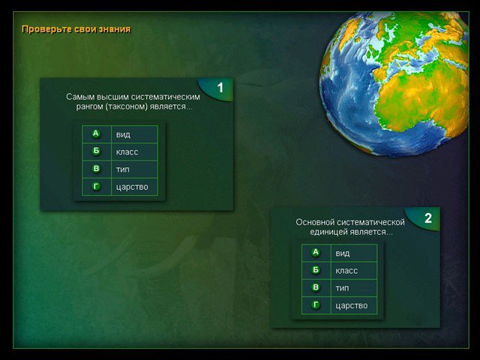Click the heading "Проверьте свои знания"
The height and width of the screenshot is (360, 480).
tap(76, 29)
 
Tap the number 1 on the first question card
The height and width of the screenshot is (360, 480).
tap(220, 88)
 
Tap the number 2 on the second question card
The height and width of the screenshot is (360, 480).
tap(428, 218)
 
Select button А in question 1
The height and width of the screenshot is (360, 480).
tap(96, 133)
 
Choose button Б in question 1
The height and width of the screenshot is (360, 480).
tap(96, 151)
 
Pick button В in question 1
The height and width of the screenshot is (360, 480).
tap(96, 169)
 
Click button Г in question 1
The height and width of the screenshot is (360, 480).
tap(96, 186)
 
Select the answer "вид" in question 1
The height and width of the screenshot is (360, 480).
tap(123, 135)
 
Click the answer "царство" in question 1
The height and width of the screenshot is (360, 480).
tap(132, 187)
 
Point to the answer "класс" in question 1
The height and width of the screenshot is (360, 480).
tap(127, 152)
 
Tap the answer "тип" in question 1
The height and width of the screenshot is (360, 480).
tap(122, 169)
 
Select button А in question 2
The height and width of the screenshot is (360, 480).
tap(316, 252)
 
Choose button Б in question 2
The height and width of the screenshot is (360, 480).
tap(316, 270)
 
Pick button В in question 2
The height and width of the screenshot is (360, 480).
tap(316, 287)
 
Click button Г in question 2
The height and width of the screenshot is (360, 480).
tap(316, 305)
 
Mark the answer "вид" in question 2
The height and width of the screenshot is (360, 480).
tap(343, 253)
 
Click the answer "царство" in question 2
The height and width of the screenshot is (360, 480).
tap(352, 306)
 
